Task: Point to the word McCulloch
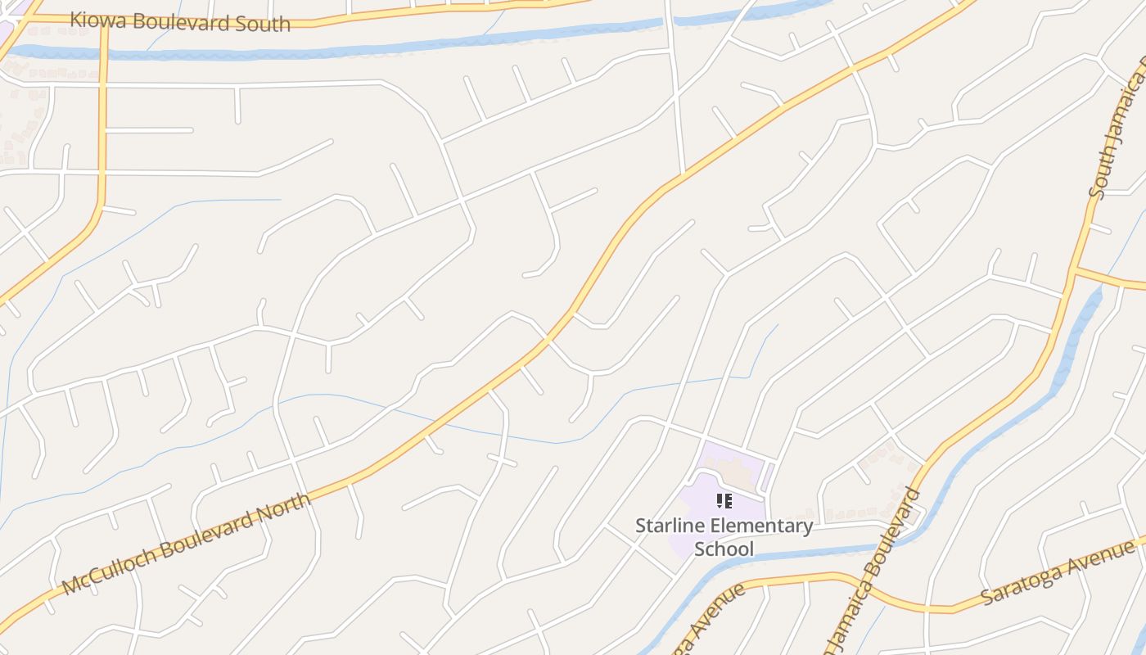click(107, 567)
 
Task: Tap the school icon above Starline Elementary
click(724, 500)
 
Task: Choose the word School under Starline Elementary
click(724, 549)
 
